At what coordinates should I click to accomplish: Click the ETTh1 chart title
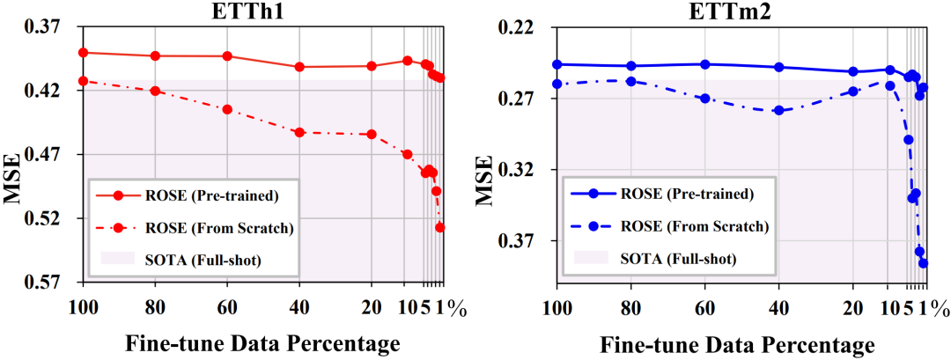262,11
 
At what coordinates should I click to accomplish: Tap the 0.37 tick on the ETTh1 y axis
55,27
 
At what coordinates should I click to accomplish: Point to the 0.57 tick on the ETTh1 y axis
55,282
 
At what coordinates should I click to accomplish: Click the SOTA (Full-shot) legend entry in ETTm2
678,258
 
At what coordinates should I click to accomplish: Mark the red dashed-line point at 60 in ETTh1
227,109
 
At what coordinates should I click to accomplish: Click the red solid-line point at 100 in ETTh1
83,53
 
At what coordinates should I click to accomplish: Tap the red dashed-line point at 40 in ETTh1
299,132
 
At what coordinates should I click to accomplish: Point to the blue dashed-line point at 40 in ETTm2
778,110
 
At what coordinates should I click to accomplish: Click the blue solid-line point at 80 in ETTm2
630,66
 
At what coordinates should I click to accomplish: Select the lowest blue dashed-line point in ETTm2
924,262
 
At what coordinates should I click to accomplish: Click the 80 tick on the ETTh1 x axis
155,306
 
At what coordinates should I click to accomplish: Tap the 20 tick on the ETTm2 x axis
852,306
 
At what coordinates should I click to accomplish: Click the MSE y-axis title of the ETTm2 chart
483,180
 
